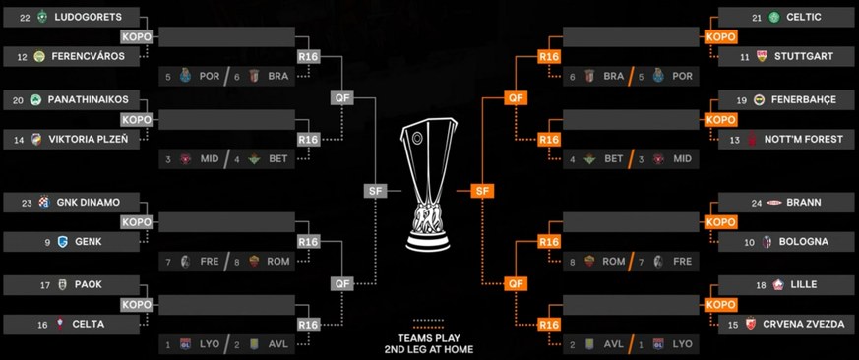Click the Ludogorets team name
click(x=87, y=18)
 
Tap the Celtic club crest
click(x=774, y=18)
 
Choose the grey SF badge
click(x=375, y=191)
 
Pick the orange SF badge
click(x=481, y=191)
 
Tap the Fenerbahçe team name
click(x=809, y=100)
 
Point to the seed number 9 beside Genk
click(x=46, y=242)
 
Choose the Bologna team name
click(x=803, y=242)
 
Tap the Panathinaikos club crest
click(x=39, y=100)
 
